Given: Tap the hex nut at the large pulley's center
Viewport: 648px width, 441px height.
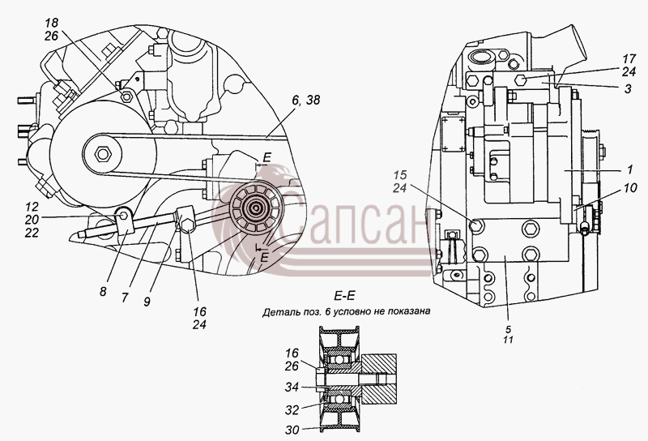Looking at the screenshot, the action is (x=102, y=154).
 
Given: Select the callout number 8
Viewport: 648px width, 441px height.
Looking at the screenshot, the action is (x=103, y=292).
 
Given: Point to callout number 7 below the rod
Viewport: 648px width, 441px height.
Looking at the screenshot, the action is (x=126, y=297).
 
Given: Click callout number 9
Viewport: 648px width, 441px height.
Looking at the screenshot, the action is (x=147, y=302).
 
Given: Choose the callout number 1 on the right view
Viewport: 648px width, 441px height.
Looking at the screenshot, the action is (x=629, y=169).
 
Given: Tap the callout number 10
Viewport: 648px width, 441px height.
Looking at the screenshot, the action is (x=630, y=188).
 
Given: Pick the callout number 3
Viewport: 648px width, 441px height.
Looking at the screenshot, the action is (x=628, y=88).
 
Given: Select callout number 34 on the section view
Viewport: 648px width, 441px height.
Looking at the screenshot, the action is (x=292, y=387).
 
